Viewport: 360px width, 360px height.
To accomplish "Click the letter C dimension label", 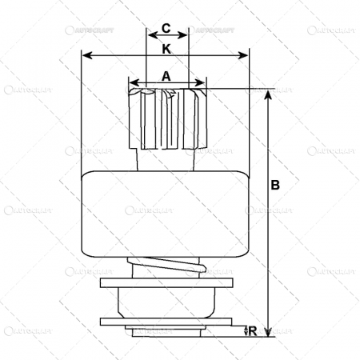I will pos(166,29).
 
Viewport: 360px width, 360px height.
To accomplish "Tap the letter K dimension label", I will pos(166,49).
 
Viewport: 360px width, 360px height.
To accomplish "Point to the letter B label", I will pos(275,186).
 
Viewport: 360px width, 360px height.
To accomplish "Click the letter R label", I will pos(254,329).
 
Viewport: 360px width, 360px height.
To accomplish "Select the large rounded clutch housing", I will pos(166,213).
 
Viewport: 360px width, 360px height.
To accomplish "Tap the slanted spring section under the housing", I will pos(166,266).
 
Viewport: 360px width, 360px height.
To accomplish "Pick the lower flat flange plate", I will pos(166,322).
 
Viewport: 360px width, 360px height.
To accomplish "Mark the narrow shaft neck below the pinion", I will pos(166,160).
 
